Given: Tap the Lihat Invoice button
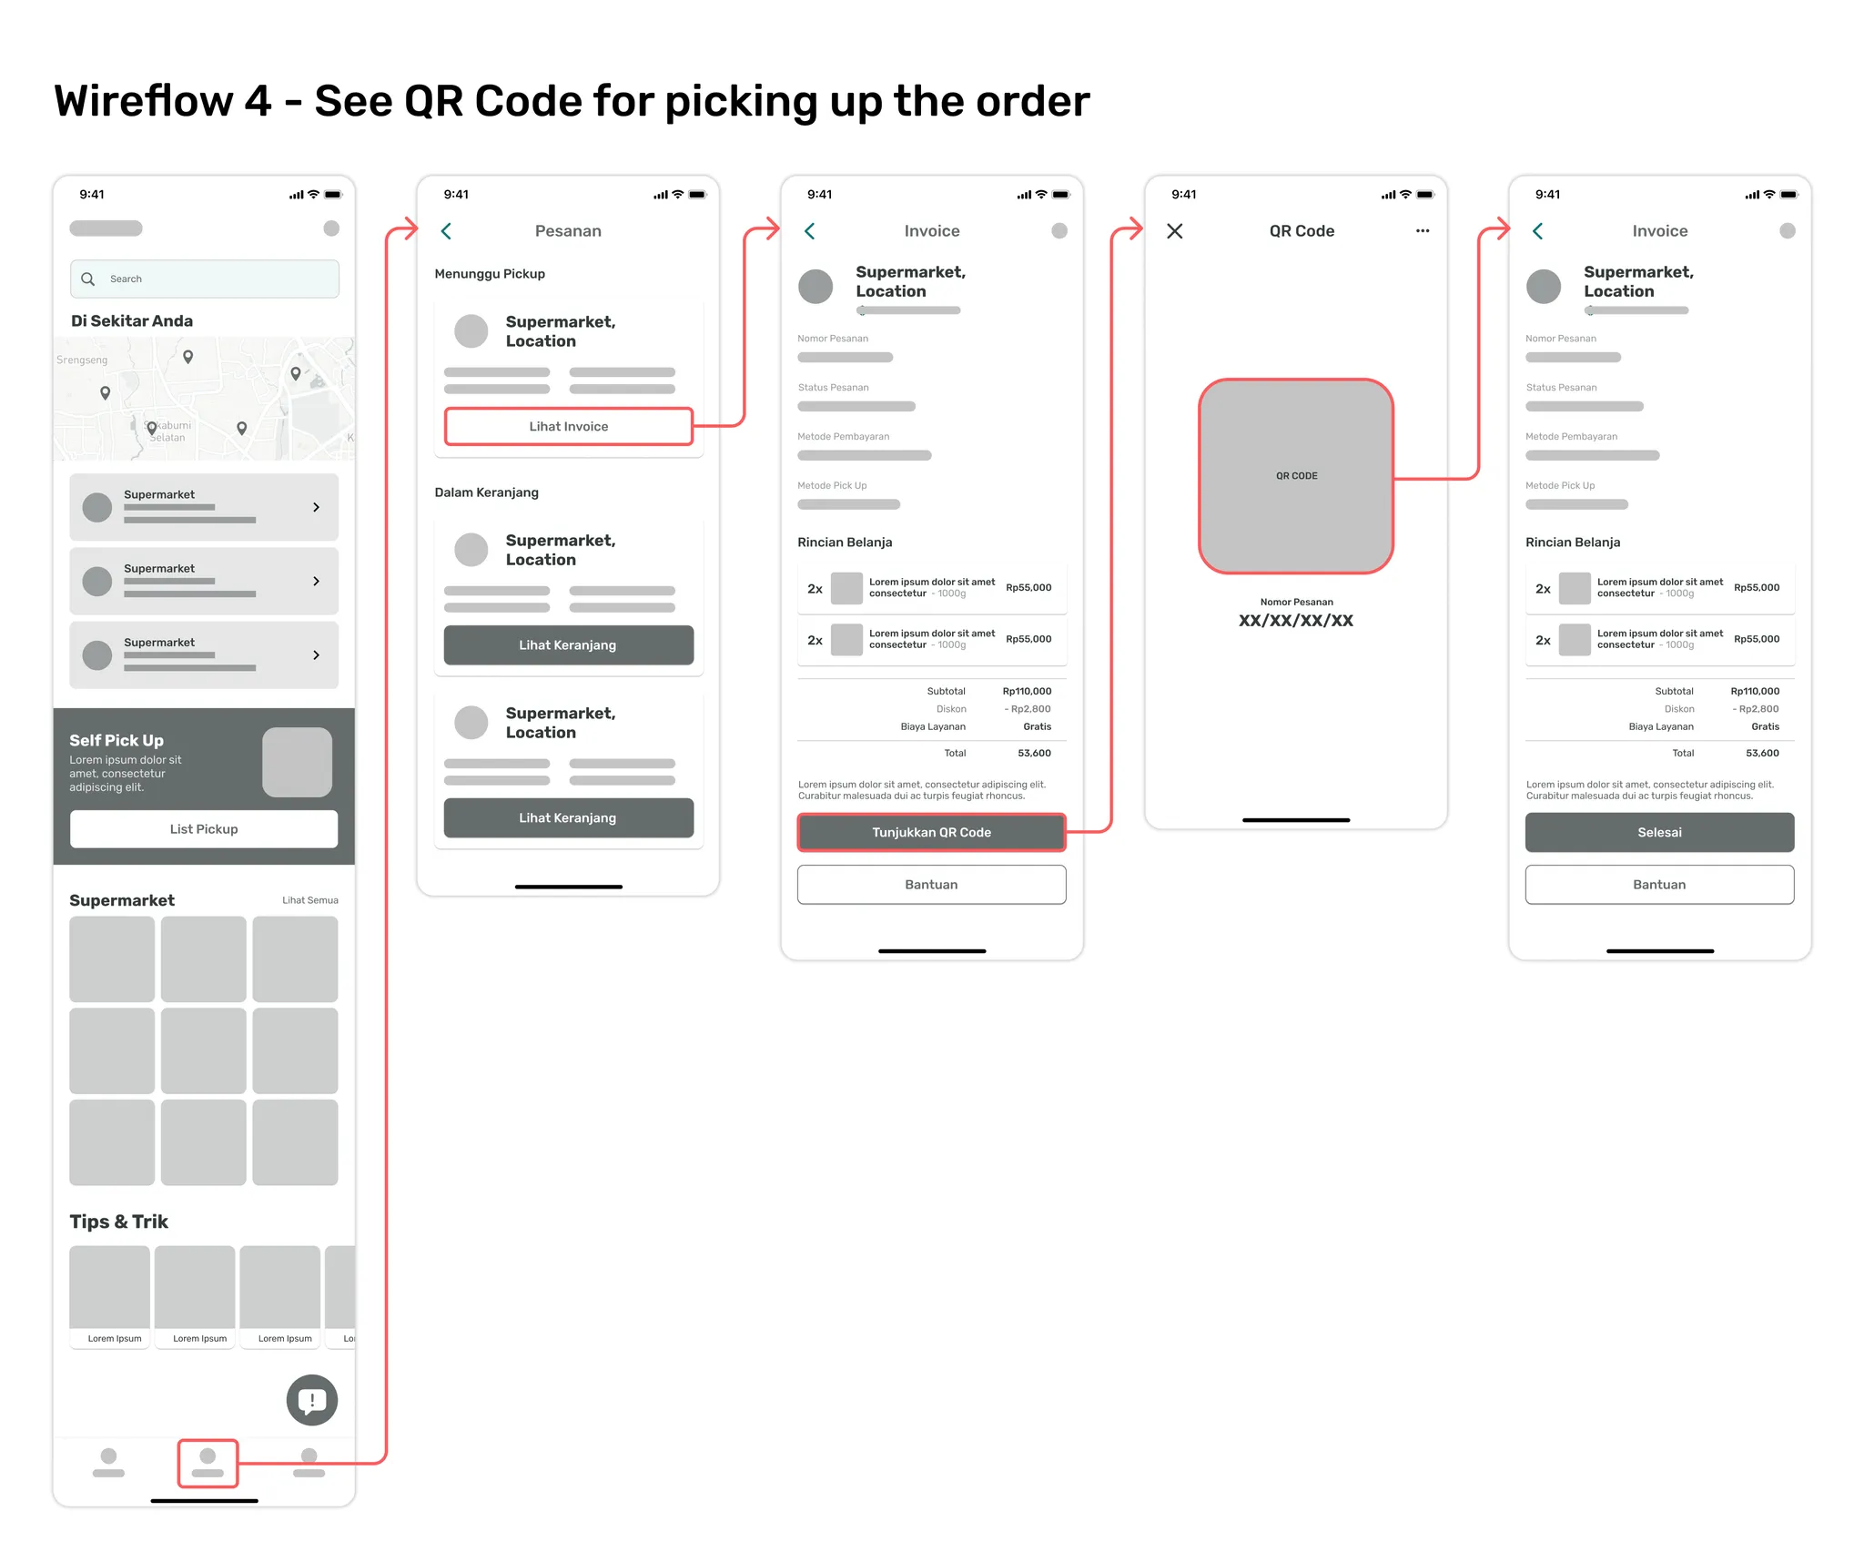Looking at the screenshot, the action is click(568, 426).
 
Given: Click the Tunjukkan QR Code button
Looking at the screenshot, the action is click(931, 832).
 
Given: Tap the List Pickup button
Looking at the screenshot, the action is click(204, 829).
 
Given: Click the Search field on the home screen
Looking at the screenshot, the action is click(205, 279).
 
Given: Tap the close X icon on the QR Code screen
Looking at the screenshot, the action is click(1175, 231).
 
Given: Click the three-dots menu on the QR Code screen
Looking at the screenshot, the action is click(1423, 231).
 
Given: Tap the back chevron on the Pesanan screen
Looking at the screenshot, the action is click(446, 231).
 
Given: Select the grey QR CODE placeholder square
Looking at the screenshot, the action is click(1296, 476).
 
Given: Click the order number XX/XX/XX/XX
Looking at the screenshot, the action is click(1296, 621).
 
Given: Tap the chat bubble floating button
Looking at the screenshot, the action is click(312, 1400).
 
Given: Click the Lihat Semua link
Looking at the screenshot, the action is click(309, 900).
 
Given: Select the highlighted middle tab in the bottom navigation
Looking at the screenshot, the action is click(208, 1463).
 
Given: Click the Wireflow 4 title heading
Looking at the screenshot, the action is click(572, 101).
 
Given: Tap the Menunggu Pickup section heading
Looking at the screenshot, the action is click(490, 274).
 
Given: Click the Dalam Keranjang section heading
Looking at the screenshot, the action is click(487, 492).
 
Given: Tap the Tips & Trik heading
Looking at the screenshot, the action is click(119, 1222).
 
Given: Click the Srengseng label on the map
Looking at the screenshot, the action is click(82, 360).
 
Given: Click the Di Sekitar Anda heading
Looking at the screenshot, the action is click(132, 320).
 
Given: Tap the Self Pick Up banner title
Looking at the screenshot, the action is click(116, 740).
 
